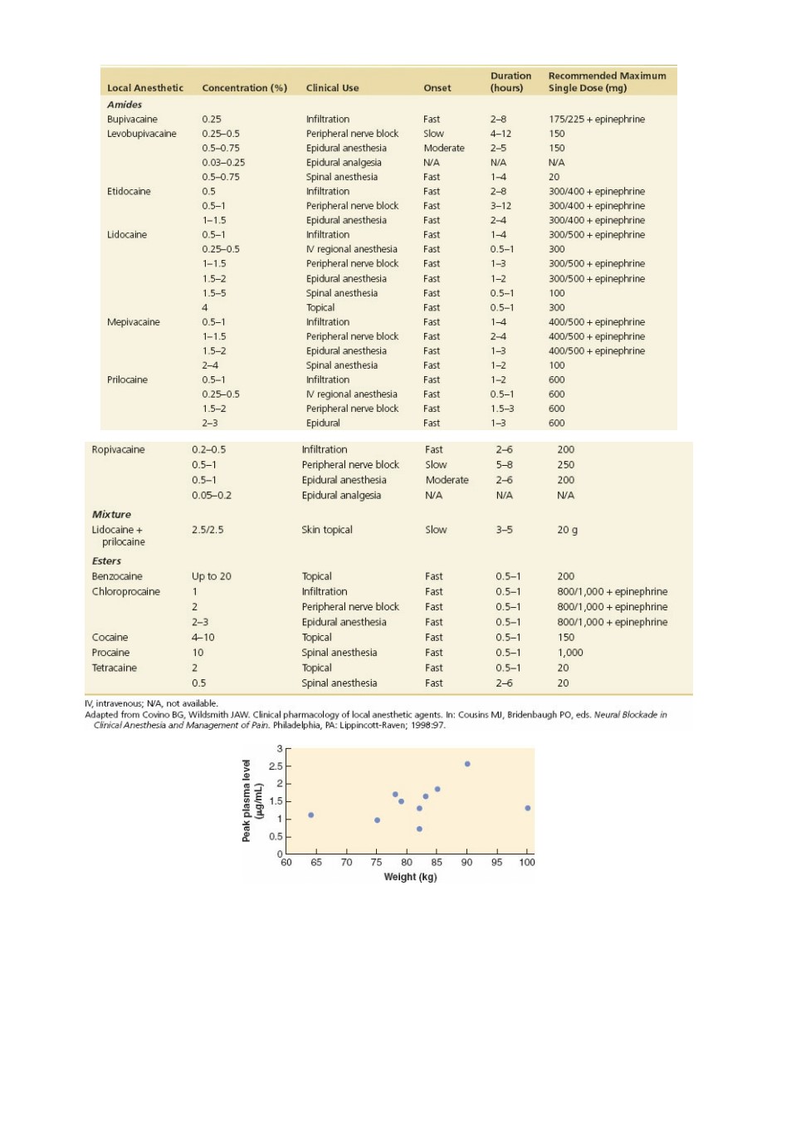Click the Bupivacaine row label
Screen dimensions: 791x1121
tap(132, 119)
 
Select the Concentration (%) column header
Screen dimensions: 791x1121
tap(245, 88)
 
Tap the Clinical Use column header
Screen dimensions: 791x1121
tap(332, 88)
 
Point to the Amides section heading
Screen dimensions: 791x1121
tap(125, 105)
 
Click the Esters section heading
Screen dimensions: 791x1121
tap(106, 561)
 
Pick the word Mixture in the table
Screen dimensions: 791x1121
tap(111, 515)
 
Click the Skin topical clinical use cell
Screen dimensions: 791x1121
tap(327, 530)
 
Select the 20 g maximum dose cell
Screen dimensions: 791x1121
tap(568, 530)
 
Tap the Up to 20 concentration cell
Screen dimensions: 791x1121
tap(211, 576)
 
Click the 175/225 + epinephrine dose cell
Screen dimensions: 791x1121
tap(597, 119)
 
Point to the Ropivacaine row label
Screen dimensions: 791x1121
tap(118, 450)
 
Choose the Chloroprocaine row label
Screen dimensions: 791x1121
tap(125, 591)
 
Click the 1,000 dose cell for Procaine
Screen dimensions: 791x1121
tap(570, 653)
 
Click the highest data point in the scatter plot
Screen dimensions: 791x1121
tap(467, 764)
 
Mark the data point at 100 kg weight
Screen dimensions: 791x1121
tap(527, 808)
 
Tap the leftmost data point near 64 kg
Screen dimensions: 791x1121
tap(310, 815)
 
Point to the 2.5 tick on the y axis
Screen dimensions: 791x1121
tap(276, 766)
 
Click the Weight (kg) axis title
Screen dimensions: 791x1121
tap(410, 877)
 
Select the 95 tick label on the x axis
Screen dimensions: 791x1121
tap(496, 862)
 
